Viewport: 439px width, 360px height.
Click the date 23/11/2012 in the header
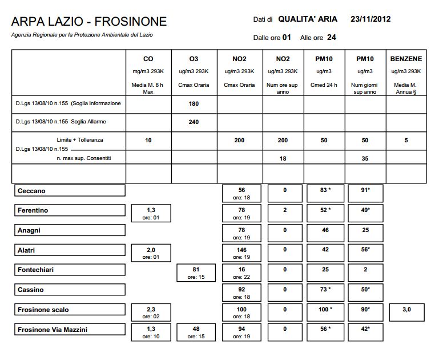(371, 19)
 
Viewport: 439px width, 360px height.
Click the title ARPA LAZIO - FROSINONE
(89, 22)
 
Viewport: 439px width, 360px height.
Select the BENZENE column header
(406, 59)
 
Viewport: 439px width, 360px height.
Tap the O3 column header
(194, 59)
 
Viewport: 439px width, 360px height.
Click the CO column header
(148, 59)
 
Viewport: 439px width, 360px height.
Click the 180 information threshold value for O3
(194, 104)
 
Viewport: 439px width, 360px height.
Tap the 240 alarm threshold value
(194, 122)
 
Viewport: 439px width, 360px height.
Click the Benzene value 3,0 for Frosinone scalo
(406, 310)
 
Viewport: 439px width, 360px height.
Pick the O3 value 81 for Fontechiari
(194, 269)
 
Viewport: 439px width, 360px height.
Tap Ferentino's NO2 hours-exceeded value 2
(284, 210)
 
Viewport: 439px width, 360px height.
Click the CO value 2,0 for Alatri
(148, 250)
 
